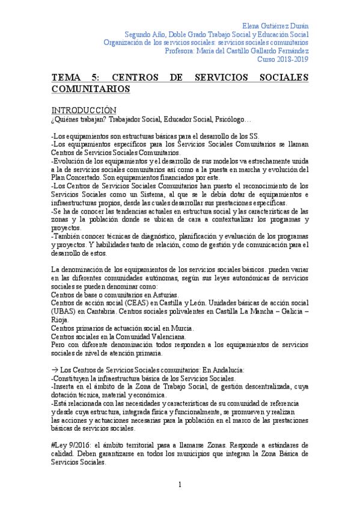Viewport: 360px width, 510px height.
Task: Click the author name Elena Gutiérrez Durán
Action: click(x=275, y=26)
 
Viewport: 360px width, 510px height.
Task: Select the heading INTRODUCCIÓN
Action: click(x=84, y=111)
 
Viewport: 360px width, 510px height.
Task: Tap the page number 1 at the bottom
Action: click(x=179, y=485)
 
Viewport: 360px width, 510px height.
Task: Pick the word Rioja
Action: click(x=61, y=320)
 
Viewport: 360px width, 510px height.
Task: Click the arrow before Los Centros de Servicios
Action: click(x=55, y=370)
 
